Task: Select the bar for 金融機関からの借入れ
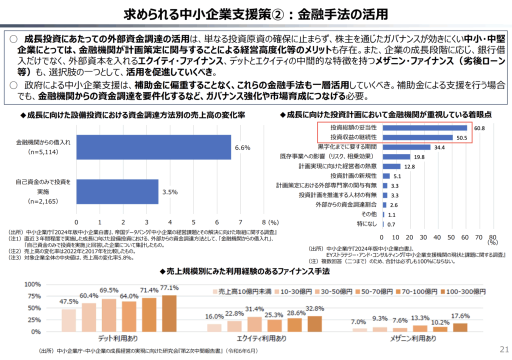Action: tap(153, 147)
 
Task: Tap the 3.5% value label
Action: tap(169, 191)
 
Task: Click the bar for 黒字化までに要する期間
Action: tap(406, 147)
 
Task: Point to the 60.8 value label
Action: tap(479, 128)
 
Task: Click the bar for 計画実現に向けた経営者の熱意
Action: tap(391, 166)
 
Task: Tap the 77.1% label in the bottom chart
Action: tap(169, 288)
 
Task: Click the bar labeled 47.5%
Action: tap(69, 320)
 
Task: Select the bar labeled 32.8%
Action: tap(314, 323)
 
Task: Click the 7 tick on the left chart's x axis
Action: tap(240, 221)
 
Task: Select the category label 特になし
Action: tap(367, 224)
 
